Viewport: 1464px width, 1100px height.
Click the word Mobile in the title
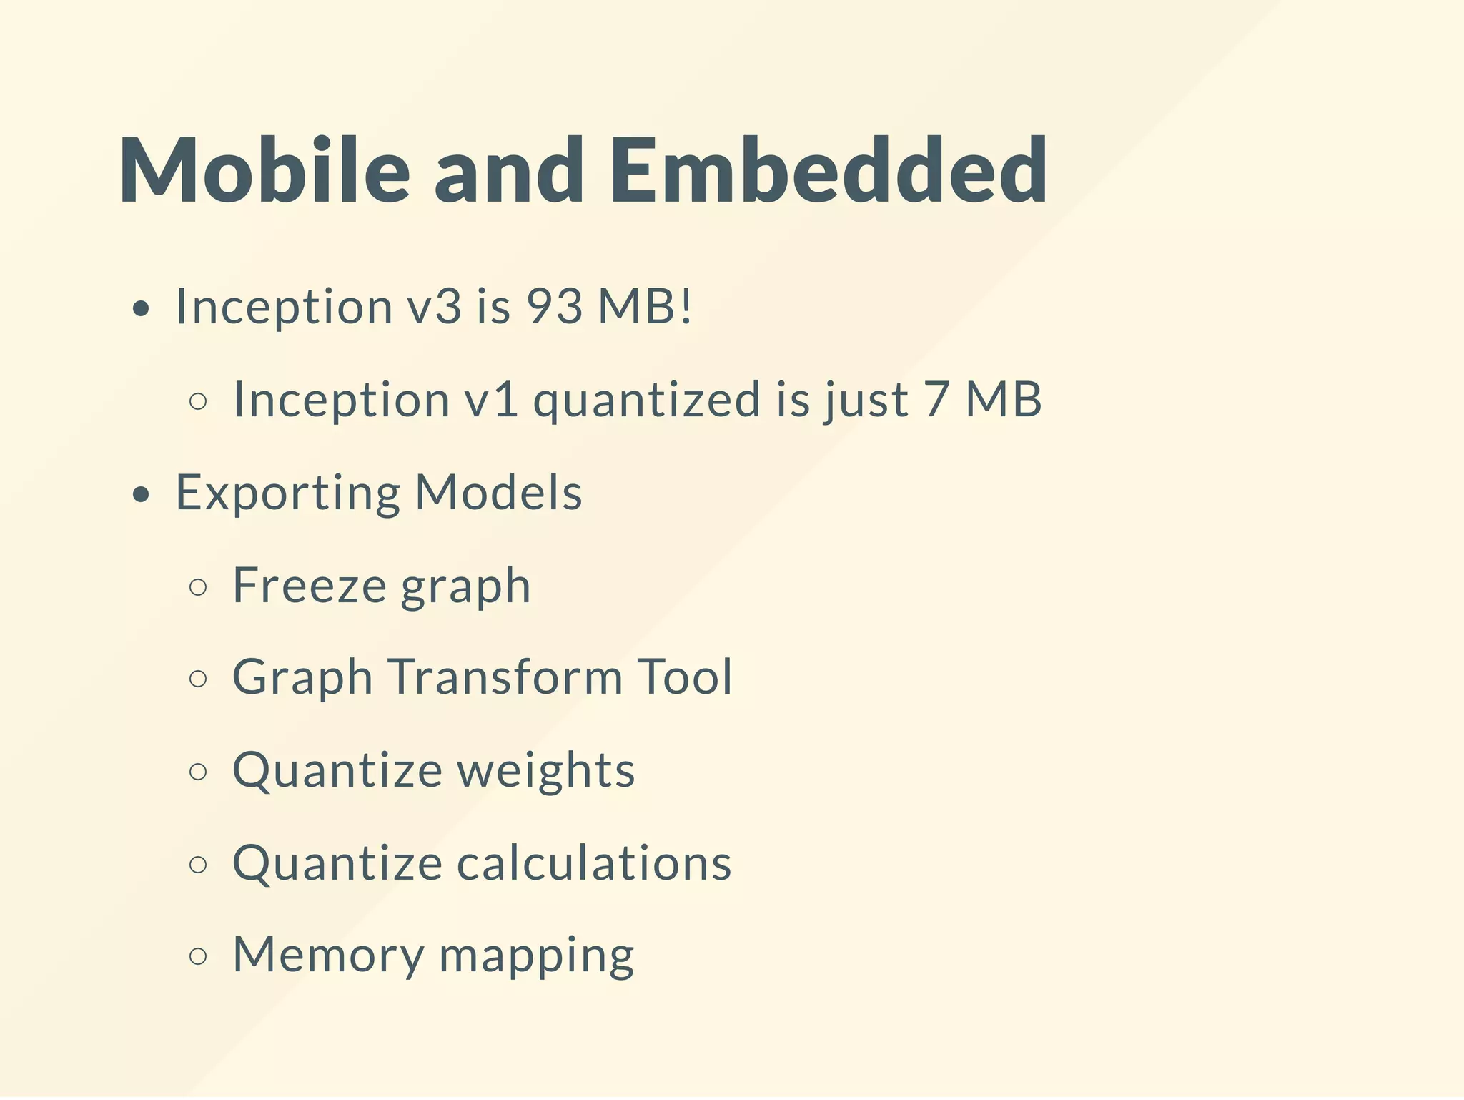tap(264, 172)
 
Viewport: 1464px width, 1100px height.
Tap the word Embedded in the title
tap(829, 172)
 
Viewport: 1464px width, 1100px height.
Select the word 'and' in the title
tap(509, 172)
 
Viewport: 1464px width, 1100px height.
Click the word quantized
tap(647, 400)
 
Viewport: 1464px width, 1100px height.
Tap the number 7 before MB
tap(936, 400)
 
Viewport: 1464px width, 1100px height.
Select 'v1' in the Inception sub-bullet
tap(491, 400)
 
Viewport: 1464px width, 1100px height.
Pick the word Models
tap(498, 493)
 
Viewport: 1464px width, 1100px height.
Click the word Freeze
tap(310, 586)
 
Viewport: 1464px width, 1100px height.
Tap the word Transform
tap(505, 677)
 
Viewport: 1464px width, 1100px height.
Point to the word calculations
tap(593, 863)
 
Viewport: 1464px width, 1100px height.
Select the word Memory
tap(328, 956)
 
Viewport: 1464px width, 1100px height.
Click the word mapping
tap(536, 957)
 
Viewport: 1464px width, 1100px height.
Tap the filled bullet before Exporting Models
tap(142, 494)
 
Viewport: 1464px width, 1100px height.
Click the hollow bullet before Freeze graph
tap(199, 587)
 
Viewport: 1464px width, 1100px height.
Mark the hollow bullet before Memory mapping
tap(199, 957)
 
